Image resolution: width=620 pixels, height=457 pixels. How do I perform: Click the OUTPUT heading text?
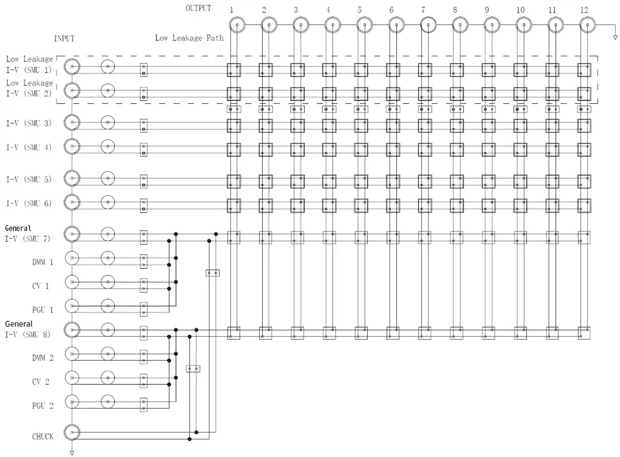point(198,8)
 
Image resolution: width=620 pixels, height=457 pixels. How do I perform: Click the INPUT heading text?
point(64,38)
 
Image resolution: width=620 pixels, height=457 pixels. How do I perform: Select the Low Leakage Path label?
point(189,38)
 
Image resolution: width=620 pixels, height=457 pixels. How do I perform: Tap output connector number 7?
point(428,25)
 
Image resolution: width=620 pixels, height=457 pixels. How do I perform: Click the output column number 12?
point(584,10)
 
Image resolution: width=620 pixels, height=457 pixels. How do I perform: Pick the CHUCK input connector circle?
point(72,432)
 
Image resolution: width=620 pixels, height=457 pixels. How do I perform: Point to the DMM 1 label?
point(42,262)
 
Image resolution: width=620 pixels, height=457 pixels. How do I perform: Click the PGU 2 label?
point(42,406)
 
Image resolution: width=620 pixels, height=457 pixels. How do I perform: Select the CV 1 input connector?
point(72,282)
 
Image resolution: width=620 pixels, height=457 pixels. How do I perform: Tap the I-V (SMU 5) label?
point(29,179)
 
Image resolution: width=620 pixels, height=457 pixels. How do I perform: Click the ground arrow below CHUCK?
point(72,453)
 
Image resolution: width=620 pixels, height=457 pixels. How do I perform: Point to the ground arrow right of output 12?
point(615,38)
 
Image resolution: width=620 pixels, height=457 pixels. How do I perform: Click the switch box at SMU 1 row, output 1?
point(234,70)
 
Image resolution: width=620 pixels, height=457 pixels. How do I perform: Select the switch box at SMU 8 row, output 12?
point(584,333)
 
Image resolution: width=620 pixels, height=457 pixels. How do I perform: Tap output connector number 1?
point(237,25)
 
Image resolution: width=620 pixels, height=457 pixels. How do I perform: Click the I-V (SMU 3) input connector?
point(72,122)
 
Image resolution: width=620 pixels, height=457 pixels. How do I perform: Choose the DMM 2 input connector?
point(72,354)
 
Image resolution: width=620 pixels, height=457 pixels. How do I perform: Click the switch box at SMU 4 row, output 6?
point(393,150)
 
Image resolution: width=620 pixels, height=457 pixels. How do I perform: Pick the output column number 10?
point(520,10)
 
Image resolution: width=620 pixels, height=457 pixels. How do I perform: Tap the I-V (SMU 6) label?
point(29,203)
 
